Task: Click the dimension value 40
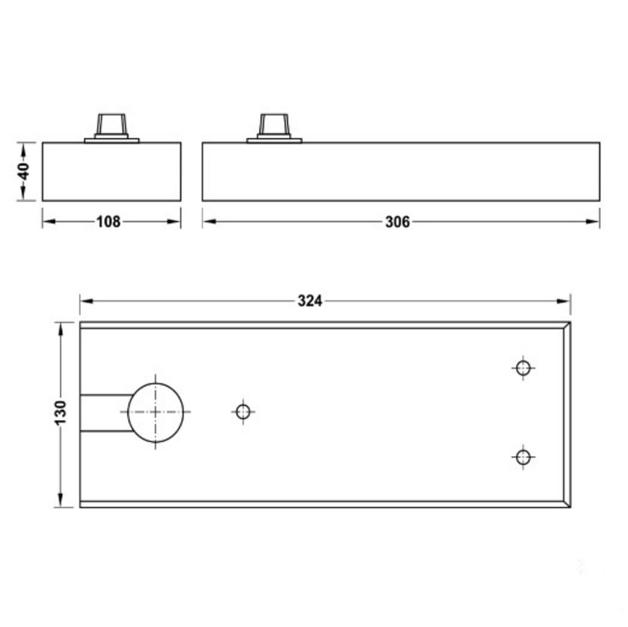pyautogui.click(x=23, y=171)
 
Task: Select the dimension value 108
pyautogui.click(x=108, y=222)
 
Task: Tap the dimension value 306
pyautogui.click(x=397, y=222)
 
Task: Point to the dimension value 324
pyautogui.click(x=310, y=301)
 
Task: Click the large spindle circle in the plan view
pyautogui.click(x=156, y=412)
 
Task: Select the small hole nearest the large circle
pyautogui.click(x=243, y=412)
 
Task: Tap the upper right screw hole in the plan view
pyautogui.click(x=523, y=368)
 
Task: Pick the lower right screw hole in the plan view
pyautogui.click(x=523, y=457)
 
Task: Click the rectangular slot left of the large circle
pyautogui.click(x=105, y=412)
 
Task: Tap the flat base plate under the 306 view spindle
pyautogui.click(x=274, y=140)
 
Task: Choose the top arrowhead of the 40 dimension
pyautogui.click(x=23, y=148)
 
